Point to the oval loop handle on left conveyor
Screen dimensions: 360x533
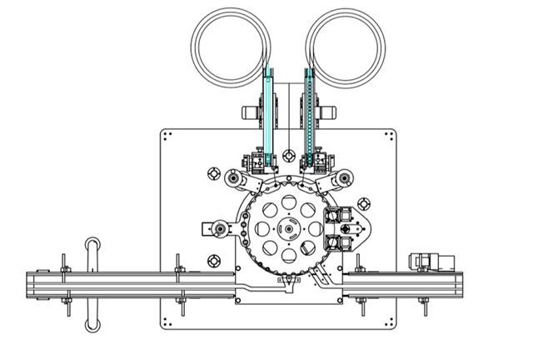(x=92, y=283)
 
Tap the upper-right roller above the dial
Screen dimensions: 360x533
(x=342, y=176)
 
